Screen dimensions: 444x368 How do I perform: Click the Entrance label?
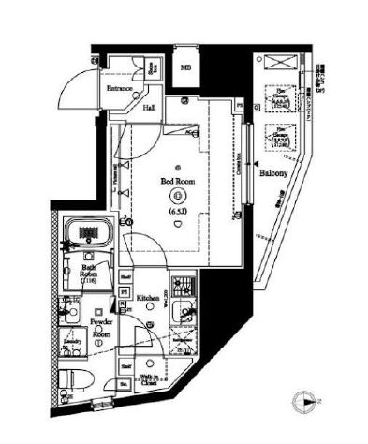point(119,90)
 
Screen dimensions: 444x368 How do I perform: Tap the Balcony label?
point(272,175)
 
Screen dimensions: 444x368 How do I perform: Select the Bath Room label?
point(89,273)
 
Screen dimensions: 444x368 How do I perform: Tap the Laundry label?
point(70,344)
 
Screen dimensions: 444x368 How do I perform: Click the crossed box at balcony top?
point(277,63)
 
